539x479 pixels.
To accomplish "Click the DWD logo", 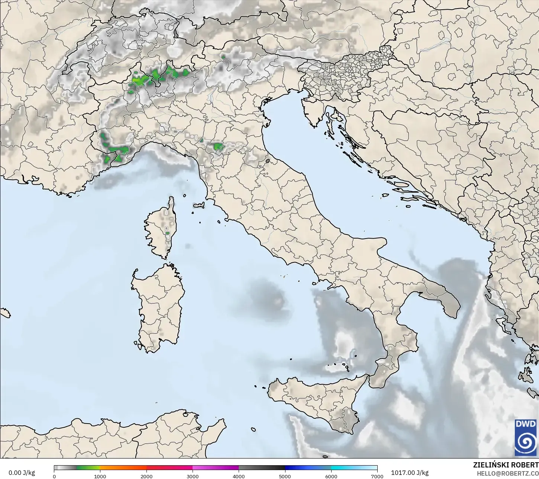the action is point(526,437).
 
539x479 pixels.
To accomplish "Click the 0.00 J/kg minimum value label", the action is point(22,473).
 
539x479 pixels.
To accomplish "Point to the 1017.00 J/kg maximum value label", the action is point(410,473).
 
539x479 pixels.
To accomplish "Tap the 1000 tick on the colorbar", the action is point(100,476).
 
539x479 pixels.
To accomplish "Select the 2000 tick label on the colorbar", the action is point(146,476).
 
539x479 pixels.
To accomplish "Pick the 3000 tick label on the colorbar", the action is point(193,476).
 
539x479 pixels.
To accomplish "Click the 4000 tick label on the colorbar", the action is point(239,476).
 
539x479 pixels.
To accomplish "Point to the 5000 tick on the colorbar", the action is point(285,476).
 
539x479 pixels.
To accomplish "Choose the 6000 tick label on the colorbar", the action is point(331,476).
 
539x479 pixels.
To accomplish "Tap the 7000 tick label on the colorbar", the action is point(377,476).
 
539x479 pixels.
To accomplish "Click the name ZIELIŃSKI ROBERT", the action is point(506,465).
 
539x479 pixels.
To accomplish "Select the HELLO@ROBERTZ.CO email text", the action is point(508,473).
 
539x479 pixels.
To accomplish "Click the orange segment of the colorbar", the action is point(123,468).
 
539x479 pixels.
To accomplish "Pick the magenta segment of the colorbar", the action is point(216,468).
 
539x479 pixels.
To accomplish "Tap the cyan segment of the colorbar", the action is point(353,468).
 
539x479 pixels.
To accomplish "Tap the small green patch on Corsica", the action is point(168,233).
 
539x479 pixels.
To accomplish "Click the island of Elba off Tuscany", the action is point(199,205).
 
